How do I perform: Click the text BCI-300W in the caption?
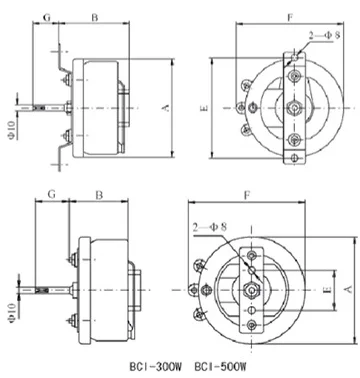tap(156, 367)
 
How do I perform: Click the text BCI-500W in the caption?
tap(220, 367)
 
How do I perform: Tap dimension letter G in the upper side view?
tap(47, 17)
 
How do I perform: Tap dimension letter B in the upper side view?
tap(95, 17)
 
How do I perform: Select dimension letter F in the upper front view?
tap(290, 17)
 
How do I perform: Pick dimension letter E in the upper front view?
tap(205, 108)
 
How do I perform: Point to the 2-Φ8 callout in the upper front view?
tap(324, 35)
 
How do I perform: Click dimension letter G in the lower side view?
tap(51, 194)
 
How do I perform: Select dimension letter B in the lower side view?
tap(99, 195)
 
